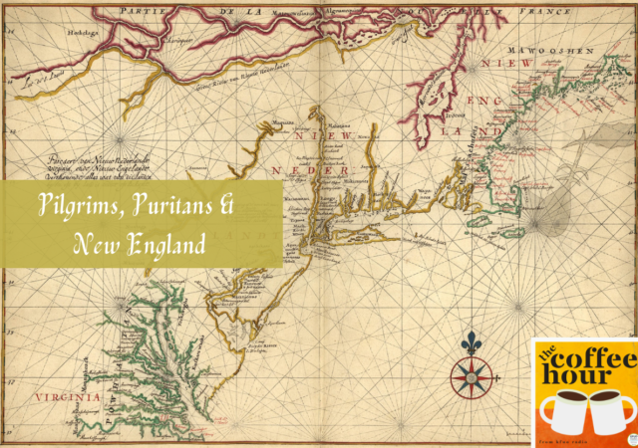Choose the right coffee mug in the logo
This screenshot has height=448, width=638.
click(x=609, y=410)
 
